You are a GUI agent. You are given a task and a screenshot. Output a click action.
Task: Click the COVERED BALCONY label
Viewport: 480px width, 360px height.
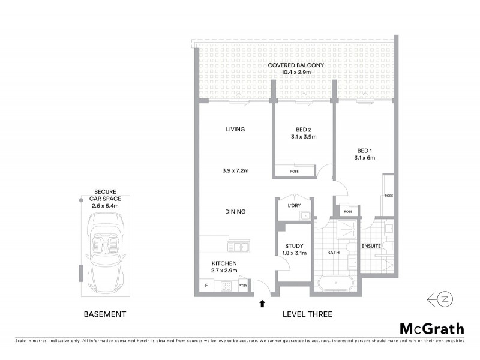click(296, 65)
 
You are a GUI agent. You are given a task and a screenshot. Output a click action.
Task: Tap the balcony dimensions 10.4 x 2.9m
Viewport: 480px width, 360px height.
click(296, 73)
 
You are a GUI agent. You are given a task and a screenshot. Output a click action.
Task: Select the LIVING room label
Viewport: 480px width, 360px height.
click(235, 129)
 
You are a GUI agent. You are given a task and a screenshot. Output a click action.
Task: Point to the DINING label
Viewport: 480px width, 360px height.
click(235, 212)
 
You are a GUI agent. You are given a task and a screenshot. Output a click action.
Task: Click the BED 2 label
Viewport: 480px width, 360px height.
click(304, 129)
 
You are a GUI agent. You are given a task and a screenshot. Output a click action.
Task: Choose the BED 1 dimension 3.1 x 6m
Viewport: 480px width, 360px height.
click(364, 158)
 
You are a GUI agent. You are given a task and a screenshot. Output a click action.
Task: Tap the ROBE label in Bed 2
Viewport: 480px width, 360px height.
click(294, 172)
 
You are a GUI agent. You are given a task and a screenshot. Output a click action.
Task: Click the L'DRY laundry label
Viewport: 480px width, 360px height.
click(294, 206)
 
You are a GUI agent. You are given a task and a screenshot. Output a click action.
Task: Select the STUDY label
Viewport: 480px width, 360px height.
click(294, 246)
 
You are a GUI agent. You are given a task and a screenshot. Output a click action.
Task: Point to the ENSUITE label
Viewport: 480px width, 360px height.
click(370, 246)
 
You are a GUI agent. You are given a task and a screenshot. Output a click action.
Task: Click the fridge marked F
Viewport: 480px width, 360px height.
click(206, 285)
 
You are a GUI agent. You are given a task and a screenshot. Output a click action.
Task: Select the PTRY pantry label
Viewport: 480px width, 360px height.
click(242, 286)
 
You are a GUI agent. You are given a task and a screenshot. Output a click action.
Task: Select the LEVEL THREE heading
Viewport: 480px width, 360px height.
click(307, 314)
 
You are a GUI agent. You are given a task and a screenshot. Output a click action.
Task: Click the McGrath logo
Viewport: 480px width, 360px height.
click(431, 328)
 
